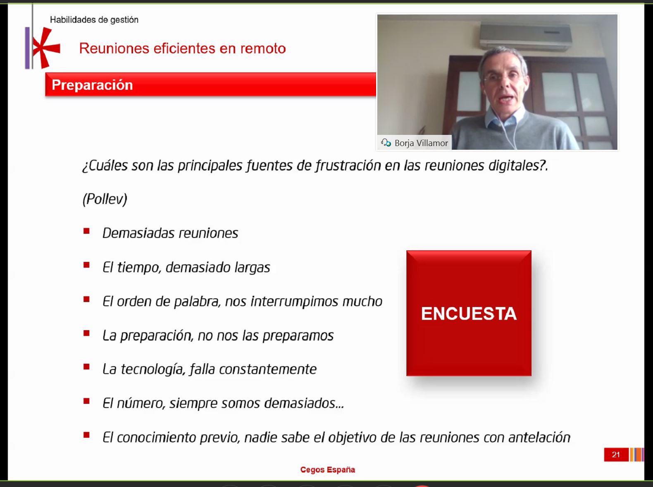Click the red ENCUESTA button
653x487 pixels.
pos(469,313)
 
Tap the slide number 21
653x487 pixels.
pos(616,455)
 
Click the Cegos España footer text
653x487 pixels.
pos(327,470)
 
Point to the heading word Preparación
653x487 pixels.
pos(92,85)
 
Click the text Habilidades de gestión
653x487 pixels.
pos(94,20)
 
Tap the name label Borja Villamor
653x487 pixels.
pos(421,143)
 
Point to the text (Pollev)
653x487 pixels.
pos(105,199)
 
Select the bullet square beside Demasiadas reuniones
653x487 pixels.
pos(86,231)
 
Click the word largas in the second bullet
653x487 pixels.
pos(252,268)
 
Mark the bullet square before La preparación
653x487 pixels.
pos(86,333)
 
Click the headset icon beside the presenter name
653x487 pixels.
pos(386,143)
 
